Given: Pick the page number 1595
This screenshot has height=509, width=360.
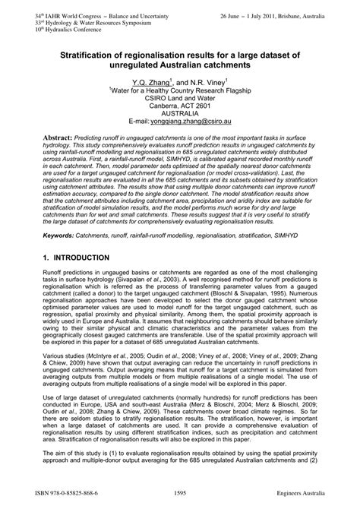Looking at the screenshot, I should pos(180,495).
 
